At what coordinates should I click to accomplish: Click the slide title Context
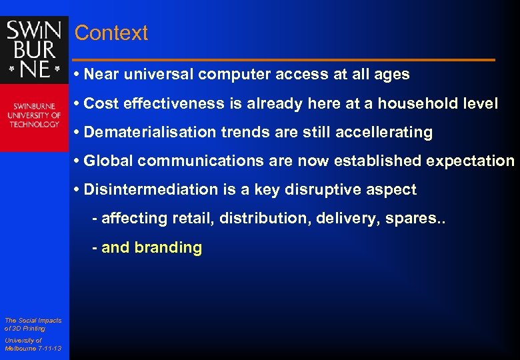pyautogui.click(x=111, y=33)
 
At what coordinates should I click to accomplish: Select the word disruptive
pyautogui.click(x=325, y=189)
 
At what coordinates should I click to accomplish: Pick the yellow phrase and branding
pyautogui.click(x=151, y=247)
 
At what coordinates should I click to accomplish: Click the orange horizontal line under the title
pyautogui.click(x=284, y=60)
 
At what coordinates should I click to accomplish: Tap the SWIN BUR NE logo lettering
pyautogui.click(x=34, y=49)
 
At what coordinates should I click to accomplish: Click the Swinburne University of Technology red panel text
pyautogui.click(x=34, y=115)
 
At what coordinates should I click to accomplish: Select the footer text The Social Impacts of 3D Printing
pyautogui.click(x=32, y=324)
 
